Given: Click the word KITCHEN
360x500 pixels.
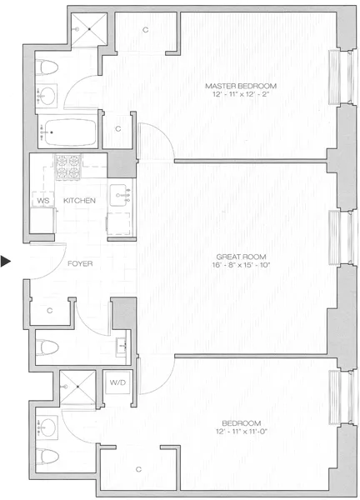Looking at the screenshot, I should (80, 201).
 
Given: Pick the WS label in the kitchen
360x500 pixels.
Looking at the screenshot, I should (42, 201).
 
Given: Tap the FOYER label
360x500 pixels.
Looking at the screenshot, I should (80, 263).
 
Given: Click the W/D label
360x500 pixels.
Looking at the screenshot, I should (117, 382).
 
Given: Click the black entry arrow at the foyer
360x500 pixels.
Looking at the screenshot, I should (6, 262).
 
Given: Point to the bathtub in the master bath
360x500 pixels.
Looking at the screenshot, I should (67, 130).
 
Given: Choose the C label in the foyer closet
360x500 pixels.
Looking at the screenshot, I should (49, 310).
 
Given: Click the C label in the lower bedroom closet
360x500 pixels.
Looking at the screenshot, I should (138, 469).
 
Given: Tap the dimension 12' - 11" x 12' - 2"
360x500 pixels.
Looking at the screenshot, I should (241, 96).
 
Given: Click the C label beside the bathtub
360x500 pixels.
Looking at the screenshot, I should (117, 129).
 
